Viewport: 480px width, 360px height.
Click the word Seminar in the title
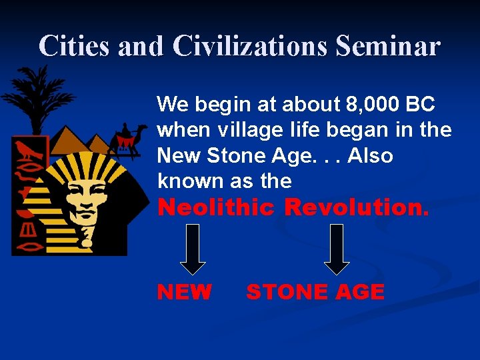pyautogui.click(x=388, y=45)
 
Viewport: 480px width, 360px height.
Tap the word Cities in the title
pyautogui.click(x=74, y=45)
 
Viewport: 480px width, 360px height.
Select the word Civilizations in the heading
pyautogui.click(x=250, y=45)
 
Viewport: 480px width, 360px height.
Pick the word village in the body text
pyautogui.click(x=250, y=131)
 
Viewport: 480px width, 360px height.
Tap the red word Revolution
pyautogui.click(x=356, y=207)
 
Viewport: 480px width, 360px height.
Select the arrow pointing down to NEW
pyautogui.click(x=193, y=249)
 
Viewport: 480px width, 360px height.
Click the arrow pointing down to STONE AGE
pyautogui.click(x=337, y=249)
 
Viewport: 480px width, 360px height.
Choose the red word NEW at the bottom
pyautogui.click(x=184, y=291)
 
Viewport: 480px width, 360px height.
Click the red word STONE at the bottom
pyautogui.click(x=287, y=291)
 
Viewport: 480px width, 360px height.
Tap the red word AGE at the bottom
pyautogui.click(x=360, y=291)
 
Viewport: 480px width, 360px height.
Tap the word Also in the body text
pyautogui.click(x=370, y=155)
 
